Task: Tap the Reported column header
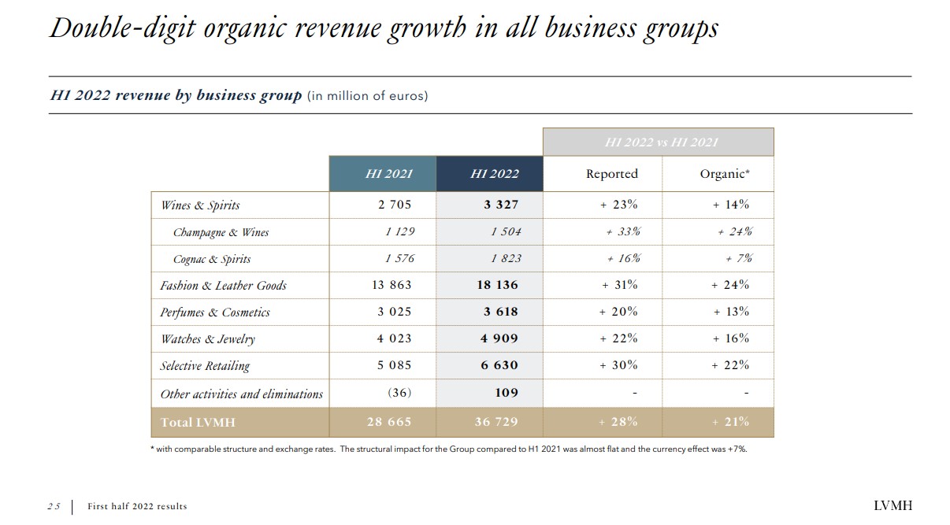click(x=611, y=174)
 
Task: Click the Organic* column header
click(x=724, y=174)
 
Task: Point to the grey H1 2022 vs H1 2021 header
click(x=660, y=142)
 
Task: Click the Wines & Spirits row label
click(x=200, y=205)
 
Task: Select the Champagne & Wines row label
click(x=221, y=232)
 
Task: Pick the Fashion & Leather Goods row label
click(x=223, y=286)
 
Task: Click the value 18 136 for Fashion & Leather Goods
click(x=497, y=285)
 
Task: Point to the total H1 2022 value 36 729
click(x=496, y=422)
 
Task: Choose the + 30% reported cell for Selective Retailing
click(x=618, y=365)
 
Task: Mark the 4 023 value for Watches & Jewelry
click(x=394, y=338)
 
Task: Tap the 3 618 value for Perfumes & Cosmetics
click(x=500, y=312)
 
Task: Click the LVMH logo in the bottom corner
click(x=892, y=506)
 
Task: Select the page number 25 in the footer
click(x=53, y=507)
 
